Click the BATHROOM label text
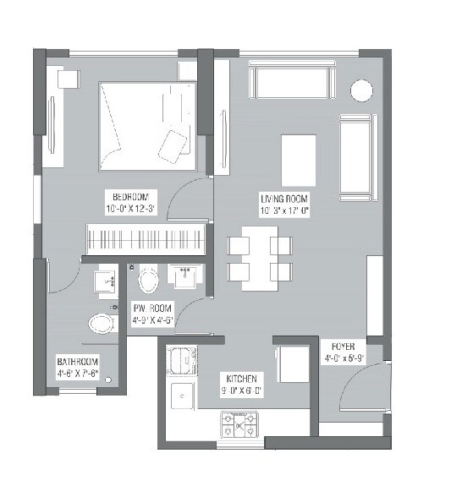[x=78, y=360]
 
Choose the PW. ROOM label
[x=152, y=309]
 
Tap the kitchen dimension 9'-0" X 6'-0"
[x=241, y=390]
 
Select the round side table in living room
[x=361, y=90]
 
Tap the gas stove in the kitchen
[x=240, y=423]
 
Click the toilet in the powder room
[x=148, y=280]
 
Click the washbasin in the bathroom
[x=105, y=281]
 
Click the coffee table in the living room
[x=299, y=156]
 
